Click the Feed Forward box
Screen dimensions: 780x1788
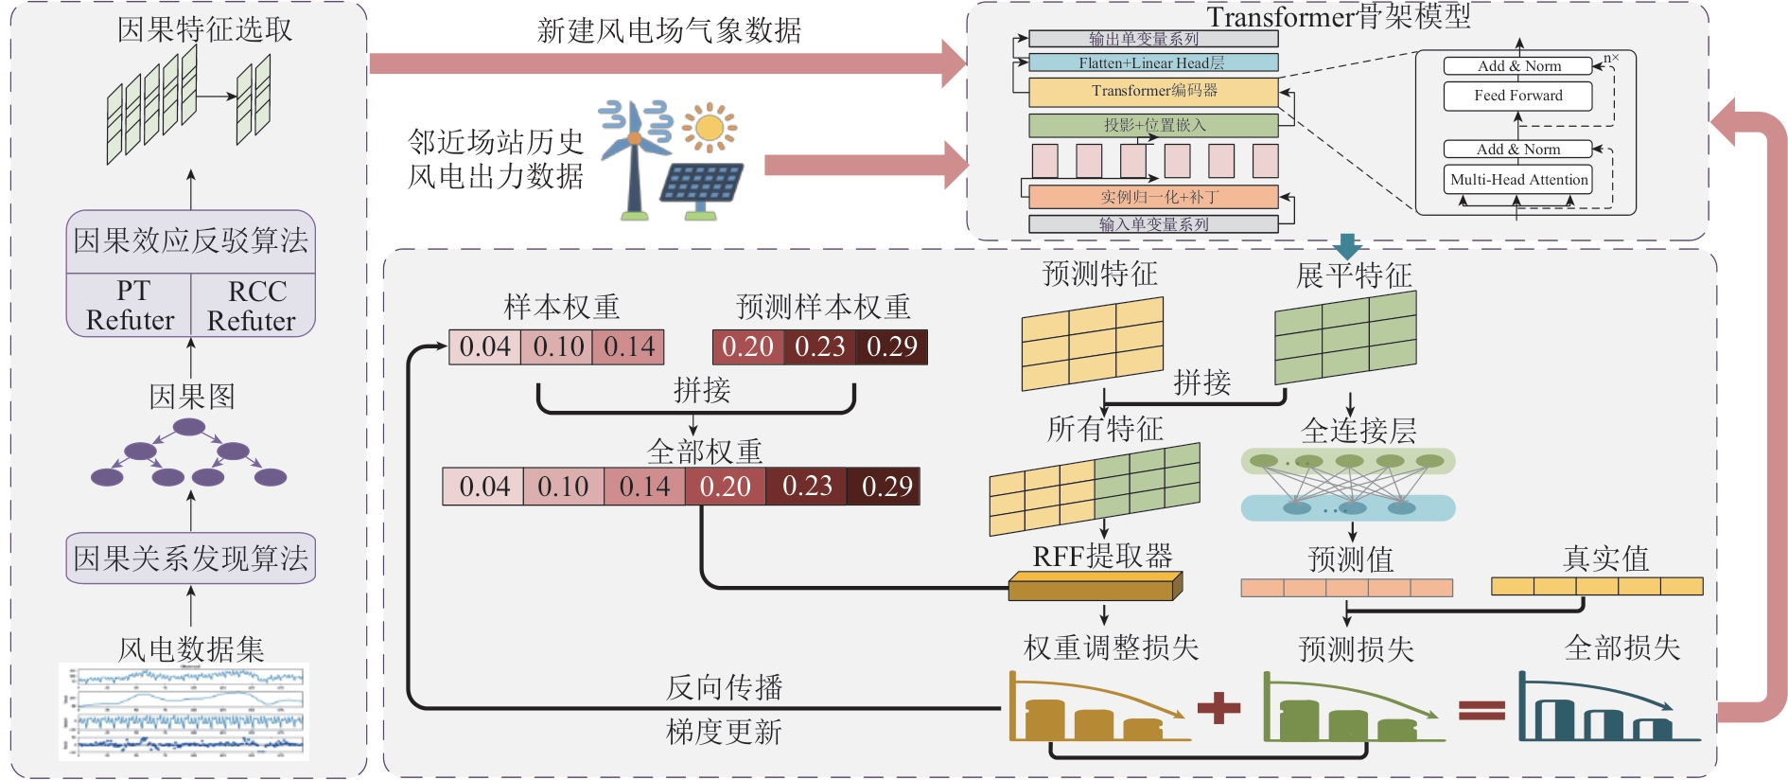click(x=1517, y=96)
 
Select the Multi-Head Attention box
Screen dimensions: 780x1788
click(x=1518, y=179)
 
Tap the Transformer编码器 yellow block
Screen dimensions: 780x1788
click(x=1153, y=92)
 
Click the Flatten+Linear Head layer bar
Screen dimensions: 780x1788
click(x=1153, y=63)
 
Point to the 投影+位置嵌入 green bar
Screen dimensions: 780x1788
click(x=1153, y=125)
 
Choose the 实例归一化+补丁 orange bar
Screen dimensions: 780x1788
click(x=1153, y=197)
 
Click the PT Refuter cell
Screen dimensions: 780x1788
click(x=130, y=305)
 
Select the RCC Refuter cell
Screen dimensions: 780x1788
click(x=253, y=305)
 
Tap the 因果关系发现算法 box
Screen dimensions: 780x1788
click(x=190, y=558)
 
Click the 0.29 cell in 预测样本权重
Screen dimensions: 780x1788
click(x=892, y=346)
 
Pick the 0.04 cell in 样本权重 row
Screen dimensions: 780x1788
click(x=484, y=346)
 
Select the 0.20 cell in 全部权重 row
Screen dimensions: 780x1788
click(x=725, y=487)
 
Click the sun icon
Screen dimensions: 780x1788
click(x=710, y=128)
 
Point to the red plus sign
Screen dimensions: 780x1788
click(x=1218, y=708)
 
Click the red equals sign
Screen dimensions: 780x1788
click(x=1481, y=709)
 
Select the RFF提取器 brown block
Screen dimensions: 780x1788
click(x=1095, y=587)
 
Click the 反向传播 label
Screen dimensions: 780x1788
click(x=725, y=687)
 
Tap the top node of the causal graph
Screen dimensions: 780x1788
click(x=189, y=427)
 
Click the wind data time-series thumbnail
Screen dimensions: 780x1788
click(x=184, y=711)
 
